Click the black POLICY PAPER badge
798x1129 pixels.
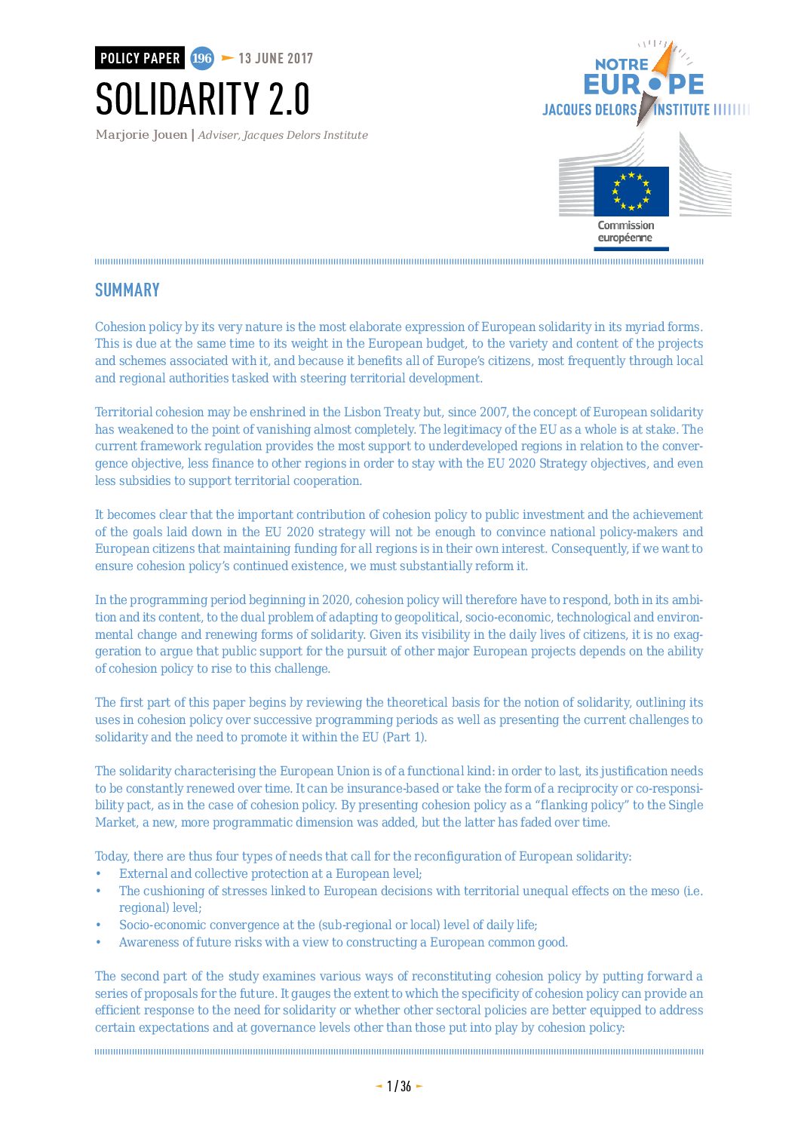pos(140,58)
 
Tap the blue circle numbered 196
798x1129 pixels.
pos(201,58)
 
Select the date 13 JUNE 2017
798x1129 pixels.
pos(275,58)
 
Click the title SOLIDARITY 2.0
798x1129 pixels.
pos(202,99)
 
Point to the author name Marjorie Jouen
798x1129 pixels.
pos(141,135)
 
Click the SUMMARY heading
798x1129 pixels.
pos(127,290)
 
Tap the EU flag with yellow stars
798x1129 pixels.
pos(631,191)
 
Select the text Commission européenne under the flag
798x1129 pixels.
pos(625,232)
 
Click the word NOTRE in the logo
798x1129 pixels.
pos(621,65)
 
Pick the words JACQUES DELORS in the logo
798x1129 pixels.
pos(589,110)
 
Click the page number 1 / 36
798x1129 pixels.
pos(399,1086)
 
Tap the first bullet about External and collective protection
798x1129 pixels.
pos(270,873)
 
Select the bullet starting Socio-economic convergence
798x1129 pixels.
pos(327,925)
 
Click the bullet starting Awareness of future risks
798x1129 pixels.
pos(343,942)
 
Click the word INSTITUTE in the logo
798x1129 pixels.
pos(682,110)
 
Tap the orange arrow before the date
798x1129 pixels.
pos(227,58)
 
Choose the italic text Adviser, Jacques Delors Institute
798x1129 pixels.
pos(283,135)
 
